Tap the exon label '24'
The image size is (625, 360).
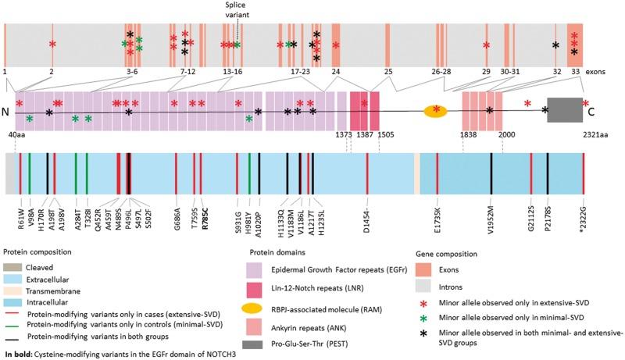(336, 71)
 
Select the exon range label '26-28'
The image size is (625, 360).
(441, 71)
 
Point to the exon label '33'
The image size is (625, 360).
(575, 71)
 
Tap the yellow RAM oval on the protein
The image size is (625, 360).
(435, 111)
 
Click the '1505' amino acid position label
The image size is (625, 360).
(385, 135)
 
